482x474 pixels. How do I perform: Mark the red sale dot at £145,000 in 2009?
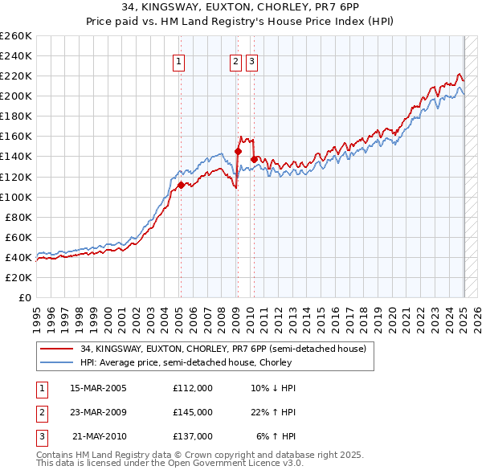[238, 151]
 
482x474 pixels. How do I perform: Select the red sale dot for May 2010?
[254, 159]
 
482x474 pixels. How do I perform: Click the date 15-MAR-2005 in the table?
[98, 388]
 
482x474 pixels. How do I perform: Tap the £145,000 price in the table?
[193, 412]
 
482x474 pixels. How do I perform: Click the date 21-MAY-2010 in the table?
[99, 436]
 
